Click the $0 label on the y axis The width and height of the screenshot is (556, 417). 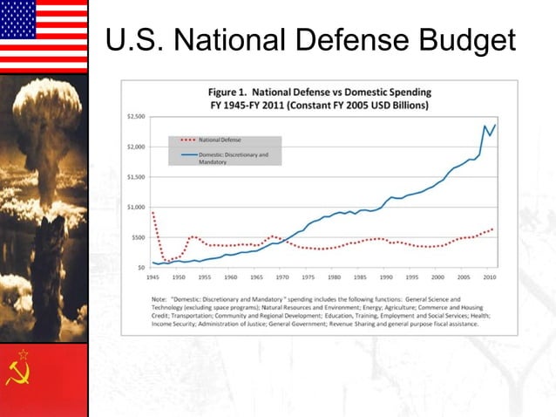click(141, 267)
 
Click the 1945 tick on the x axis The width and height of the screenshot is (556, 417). click(153, 277)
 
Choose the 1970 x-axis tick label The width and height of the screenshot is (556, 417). click(282, 277)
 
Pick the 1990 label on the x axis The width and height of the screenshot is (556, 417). click(386, 277)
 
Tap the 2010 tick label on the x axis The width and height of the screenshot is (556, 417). click(490, 277)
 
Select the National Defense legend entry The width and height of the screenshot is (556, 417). click(219, 140)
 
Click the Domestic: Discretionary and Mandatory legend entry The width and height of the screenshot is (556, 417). click(232, 158)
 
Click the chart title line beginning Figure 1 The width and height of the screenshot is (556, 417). click(319, 92)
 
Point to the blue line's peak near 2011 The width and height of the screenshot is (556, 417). click(495, 125)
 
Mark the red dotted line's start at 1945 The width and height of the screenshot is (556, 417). click(153, 213)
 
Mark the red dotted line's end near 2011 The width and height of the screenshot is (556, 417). click(494, 229)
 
